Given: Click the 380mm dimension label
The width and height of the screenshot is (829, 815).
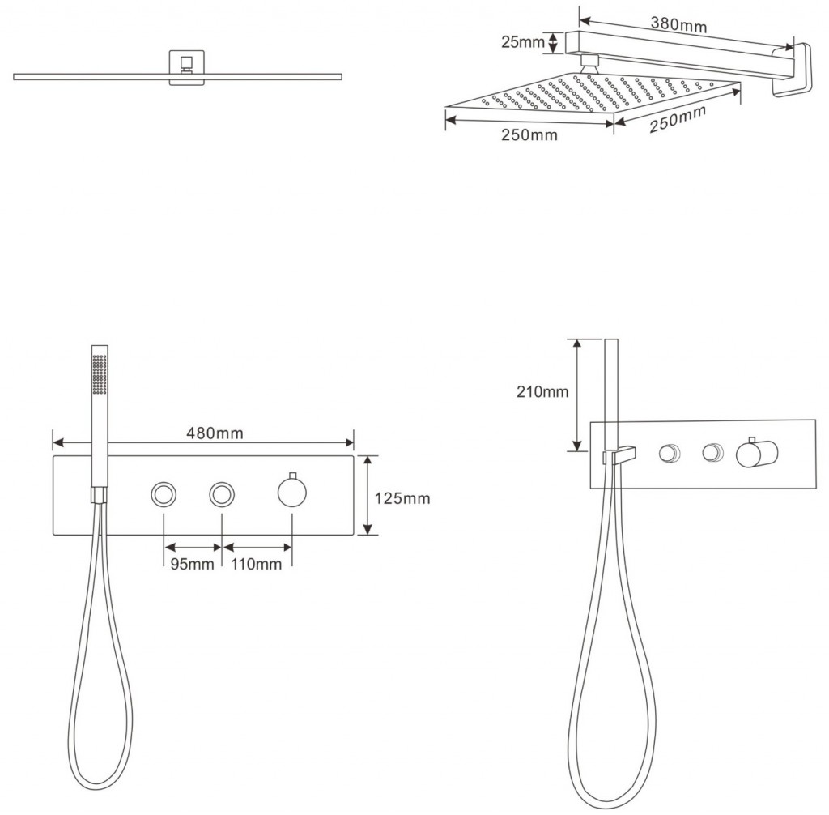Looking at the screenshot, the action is [678, 24].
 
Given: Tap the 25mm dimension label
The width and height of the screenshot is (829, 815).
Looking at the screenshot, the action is [522, 42].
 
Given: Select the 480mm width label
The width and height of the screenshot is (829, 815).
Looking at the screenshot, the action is [215, 433].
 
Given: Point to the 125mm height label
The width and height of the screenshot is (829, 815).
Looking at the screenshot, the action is [402, 498].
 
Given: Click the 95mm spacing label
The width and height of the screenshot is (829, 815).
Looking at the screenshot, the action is [192, 564].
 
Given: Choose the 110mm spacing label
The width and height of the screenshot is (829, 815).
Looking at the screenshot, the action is [256, 564].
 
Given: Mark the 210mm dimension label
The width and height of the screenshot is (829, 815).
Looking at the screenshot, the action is [542, 391].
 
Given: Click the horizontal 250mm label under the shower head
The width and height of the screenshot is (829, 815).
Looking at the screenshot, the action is [529, 135].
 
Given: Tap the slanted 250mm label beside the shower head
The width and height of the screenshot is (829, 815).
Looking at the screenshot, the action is [678, 118].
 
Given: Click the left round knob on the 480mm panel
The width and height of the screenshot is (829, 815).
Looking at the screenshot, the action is [164, 494].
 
